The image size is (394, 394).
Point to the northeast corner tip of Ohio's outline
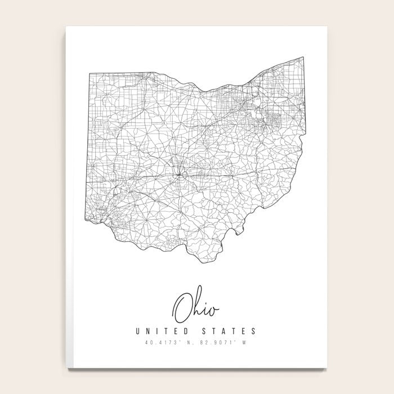tap(305, 57)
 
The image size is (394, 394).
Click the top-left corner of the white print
tap(66, 25)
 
